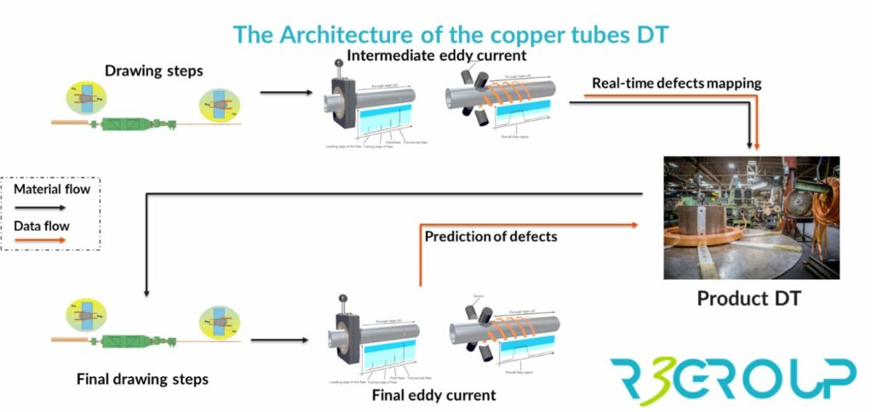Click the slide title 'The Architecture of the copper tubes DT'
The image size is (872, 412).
[450, 35]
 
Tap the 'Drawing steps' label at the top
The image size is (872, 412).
[145, 69]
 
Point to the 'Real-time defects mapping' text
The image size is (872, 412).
[677, 83]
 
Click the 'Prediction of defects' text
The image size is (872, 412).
[490, 236]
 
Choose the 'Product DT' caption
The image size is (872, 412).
[750, 298]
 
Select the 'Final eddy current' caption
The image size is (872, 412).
[433, 396]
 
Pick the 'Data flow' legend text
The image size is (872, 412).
[42, 226]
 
